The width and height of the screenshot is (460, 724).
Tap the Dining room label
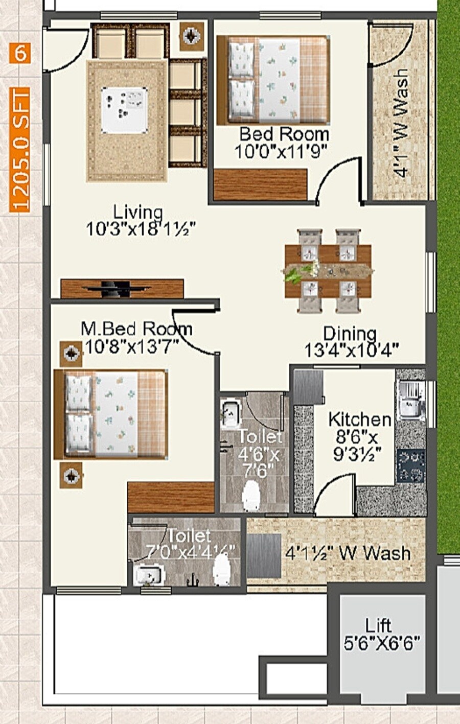click(x=350, y=334)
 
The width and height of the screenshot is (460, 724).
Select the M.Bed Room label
click(x=136, y=329)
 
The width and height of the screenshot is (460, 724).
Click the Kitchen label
click(x=360, y=420)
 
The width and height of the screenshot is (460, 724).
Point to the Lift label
click(x=379, y=625)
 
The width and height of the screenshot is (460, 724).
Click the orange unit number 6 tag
click(x=20, y=53)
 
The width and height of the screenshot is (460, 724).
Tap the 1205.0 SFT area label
click(x=20, y=149)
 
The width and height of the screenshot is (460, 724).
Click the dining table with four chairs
click(x=328, y=271)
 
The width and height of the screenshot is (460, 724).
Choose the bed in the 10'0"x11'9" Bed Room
click(x=273, y=80)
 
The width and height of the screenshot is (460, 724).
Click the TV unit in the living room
click(x=122, y=289)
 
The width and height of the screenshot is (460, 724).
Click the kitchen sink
click(x=410, y=401)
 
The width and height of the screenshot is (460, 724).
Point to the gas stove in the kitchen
click(x=411, y=466)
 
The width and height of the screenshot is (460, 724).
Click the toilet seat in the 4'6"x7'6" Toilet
click(x=251, y=495)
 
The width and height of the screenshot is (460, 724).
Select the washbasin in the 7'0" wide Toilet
click(x=149, y=577)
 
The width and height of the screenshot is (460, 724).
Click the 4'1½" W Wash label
click(x=348, y=553)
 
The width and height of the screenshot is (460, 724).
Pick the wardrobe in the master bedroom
click(x=171, y=497)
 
